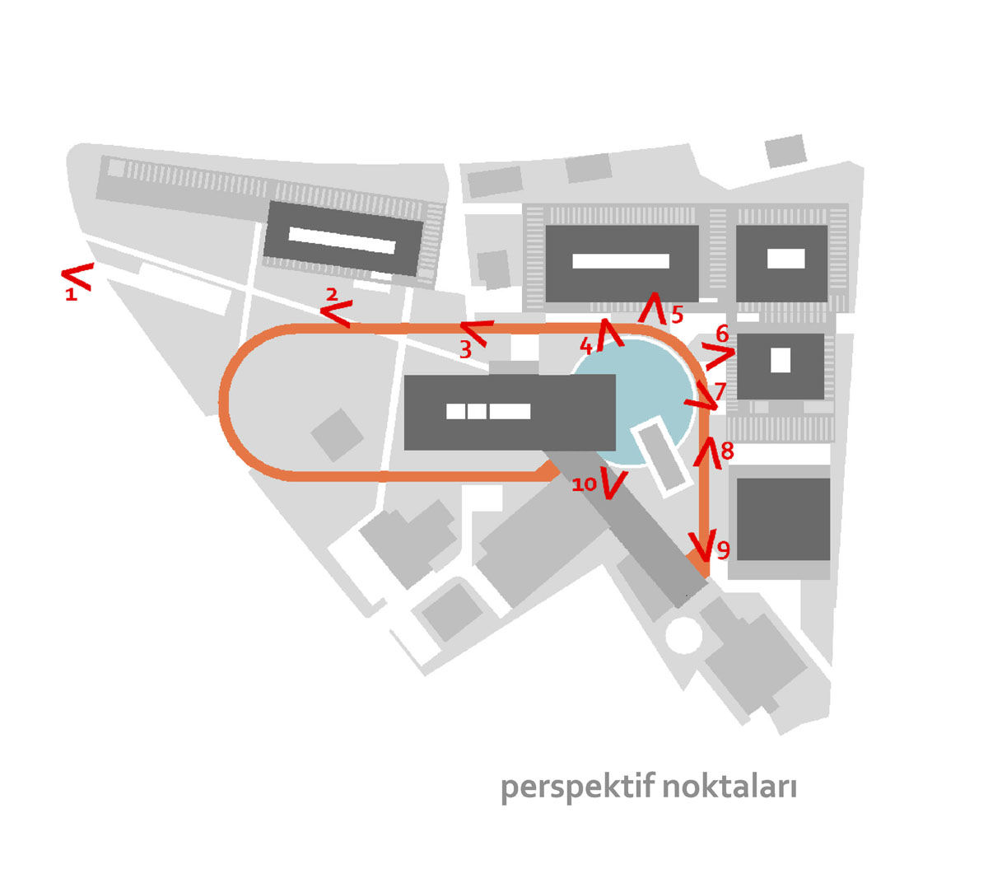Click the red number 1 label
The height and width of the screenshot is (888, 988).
[71, 294]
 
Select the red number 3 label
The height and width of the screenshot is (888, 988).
[465, 349]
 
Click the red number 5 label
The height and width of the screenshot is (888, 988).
[677, 315]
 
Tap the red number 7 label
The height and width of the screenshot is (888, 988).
[720, 391]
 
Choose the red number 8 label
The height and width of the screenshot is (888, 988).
[727, 451]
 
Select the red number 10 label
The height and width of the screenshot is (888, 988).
[585, 484]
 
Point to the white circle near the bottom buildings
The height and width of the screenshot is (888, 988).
[683, 635]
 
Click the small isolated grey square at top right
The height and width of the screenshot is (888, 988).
[785, 151]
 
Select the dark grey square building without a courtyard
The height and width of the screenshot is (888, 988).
[783, 519]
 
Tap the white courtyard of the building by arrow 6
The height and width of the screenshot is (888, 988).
[781, 360]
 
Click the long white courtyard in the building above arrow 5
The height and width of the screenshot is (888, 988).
[620, 261]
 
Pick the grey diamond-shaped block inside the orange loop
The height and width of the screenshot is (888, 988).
[337, 435]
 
